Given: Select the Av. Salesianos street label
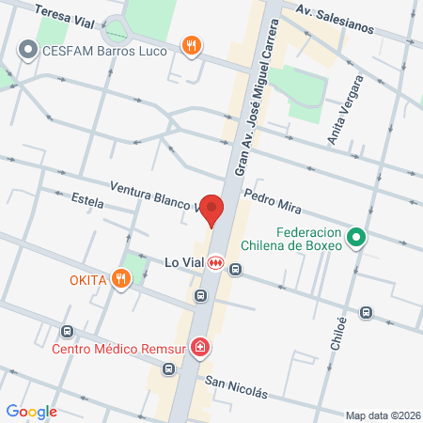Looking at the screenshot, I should click(x=334, y=20).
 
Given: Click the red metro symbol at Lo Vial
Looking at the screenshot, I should click(x=216, y=263).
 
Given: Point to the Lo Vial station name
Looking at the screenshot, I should click(x=183, y=263).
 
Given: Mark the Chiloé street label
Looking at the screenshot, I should click(x=339, y=334).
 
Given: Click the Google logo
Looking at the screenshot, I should click(x=31, y=411).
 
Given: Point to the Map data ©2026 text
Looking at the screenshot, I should click(x=382, y=415).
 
